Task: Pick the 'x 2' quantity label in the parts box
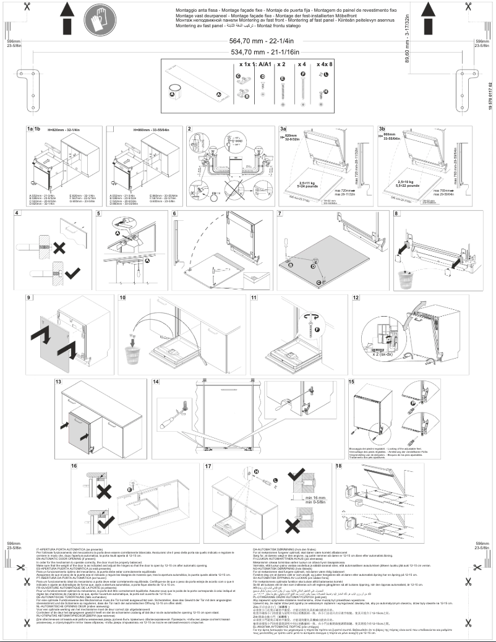click(x=281, y=64)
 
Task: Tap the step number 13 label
click(x=59, y=383)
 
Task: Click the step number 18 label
click(x=340, y=465)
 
